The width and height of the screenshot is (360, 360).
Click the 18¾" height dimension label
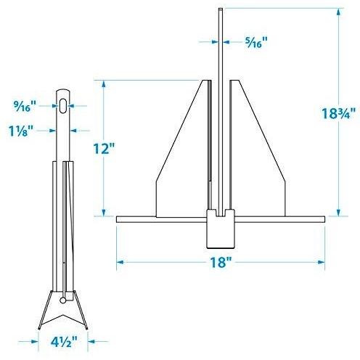[338, 113]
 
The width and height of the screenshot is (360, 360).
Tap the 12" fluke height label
[104, 148]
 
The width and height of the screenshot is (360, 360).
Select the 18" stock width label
[221, 262]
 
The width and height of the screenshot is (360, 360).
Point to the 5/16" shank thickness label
[256, 42]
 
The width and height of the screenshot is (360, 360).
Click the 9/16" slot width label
[25, 106]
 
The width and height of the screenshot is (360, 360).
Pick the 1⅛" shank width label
[21, 131]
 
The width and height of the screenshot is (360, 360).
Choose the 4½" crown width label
[64, 341]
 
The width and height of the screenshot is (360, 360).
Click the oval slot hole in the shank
[63, 106]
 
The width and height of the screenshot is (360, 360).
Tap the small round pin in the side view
[62, 300]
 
